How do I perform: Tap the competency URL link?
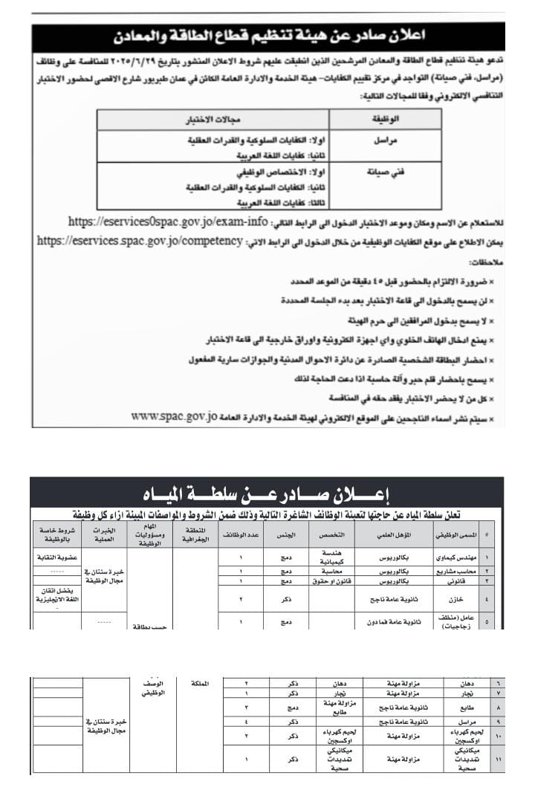point(139,242)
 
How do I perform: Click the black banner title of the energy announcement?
point(267,36)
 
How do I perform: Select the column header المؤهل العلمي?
point(393,534)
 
